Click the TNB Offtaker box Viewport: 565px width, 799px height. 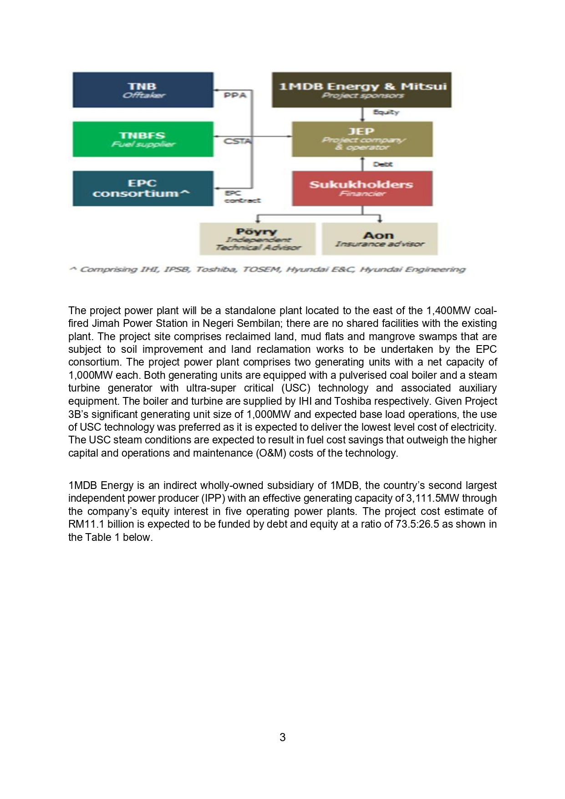pos(143,90)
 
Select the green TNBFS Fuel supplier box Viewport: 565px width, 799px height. pos(143,139)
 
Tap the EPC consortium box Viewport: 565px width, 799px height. pos(143,188)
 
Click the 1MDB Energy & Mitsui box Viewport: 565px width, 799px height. pos(362,90)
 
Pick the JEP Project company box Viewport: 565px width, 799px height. pos(362,139)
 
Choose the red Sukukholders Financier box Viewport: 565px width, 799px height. pos(362,188)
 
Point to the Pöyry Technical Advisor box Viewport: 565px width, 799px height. pos(257,239)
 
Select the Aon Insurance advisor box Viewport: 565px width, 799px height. pos(379,239)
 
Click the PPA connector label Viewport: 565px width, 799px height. pos(235,95)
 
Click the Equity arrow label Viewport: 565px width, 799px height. pos(386,112)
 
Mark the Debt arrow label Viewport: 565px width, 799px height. pos(382,164)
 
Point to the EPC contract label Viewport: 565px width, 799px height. pos(242,197)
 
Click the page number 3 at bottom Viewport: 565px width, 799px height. pos(282,737)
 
